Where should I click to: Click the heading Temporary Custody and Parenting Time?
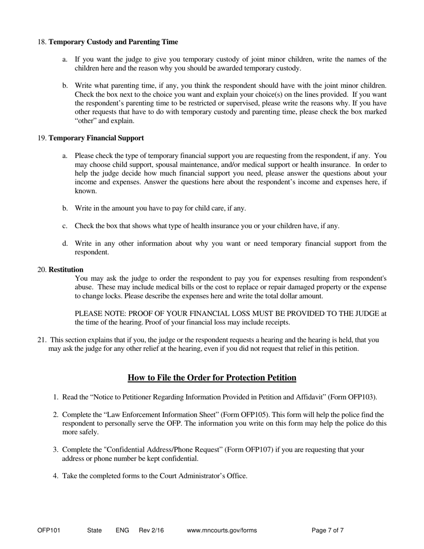tap(113, 42)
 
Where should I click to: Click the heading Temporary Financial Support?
tap(96, 138)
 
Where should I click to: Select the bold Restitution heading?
tap(66, 270)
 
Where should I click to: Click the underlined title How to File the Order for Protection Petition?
tap(212, 378)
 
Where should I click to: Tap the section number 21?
tap(41, 340)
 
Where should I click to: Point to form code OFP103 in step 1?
tap(362, 397)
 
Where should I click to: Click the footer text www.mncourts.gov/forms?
tap(222, 531)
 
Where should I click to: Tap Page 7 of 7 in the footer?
tap(328, 531)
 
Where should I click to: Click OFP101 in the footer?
tap(49, 531)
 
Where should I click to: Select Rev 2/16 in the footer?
tap(151, 531)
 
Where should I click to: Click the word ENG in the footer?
tap(122, 531)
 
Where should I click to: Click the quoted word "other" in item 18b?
tap(85, 121)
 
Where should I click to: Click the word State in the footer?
tap(95, 531)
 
